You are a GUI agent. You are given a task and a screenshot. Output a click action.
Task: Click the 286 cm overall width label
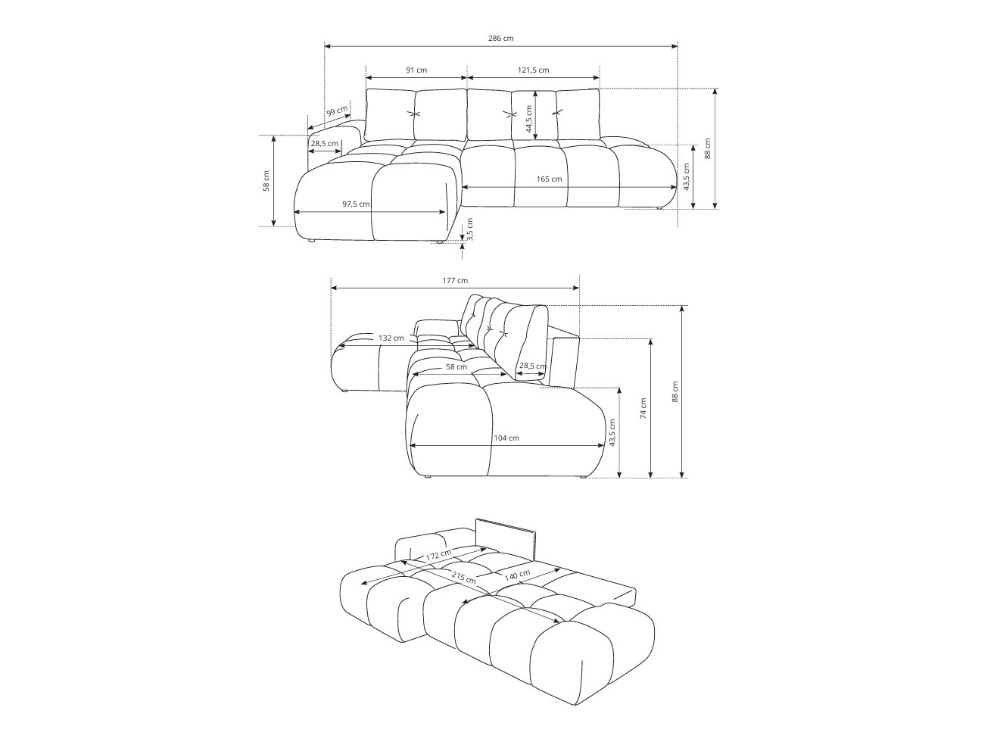click(x=501, y=38)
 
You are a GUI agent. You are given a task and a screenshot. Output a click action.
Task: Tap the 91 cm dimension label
click(x=416, y=70)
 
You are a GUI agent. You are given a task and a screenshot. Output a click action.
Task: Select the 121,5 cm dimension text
click(x=534, y=70)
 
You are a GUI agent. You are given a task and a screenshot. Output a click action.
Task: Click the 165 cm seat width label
click(x=550, y=179)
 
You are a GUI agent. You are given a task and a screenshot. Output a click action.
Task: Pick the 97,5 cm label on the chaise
click(x=356, y=204)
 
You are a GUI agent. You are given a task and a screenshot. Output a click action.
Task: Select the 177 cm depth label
click(x=455, y=280)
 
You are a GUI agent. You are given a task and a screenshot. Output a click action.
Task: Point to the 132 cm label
click(x=391, y=338)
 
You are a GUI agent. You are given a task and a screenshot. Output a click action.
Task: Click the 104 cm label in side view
click(x=506, y=438)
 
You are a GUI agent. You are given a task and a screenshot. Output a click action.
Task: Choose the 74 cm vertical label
click(x=643, y=409)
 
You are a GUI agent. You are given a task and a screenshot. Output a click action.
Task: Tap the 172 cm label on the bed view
click(x=438, y=555)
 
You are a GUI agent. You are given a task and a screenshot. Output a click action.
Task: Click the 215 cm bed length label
click(x=463, y=579)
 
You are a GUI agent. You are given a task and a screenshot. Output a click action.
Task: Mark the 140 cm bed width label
click(x=517, y=576)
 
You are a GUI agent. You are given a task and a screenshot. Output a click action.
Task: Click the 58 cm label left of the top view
click(x=266, y=182)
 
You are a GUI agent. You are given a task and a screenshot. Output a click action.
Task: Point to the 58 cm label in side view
click(x=456, y=366)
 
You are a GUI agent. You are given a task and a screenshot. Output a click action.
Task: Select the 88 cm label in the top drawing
click(x=708, y=148)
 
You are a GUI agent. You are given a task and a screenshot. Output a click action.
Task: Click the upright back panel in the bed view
click(x=505, y=540)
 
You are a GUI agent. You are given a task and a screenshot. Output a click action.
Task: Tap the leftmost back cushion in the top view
click(x=390, y=114)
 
